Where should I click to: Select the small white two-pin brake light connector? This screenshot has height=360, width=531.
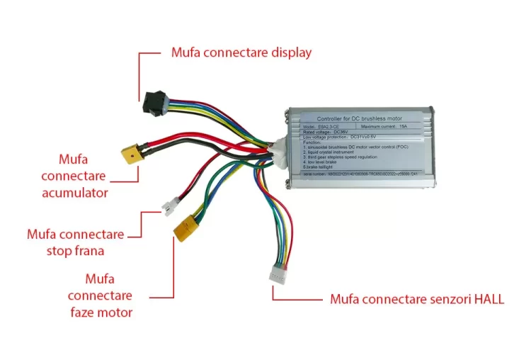[x=169, y=208]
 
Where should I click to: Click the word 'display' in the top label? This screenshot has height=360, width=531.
[x=287, y=52]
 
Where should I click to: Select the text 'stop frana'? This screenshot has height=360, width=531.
[x=75, y=250]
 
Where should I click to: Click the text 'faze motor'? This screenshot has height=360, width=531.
[x=101, y=312]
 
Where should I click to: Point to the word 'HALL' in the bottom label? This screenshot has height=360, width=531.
[x=486, y=299]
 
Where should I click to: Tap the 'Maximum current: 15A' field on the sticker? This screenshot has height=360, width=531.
[x=383, y=125]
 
